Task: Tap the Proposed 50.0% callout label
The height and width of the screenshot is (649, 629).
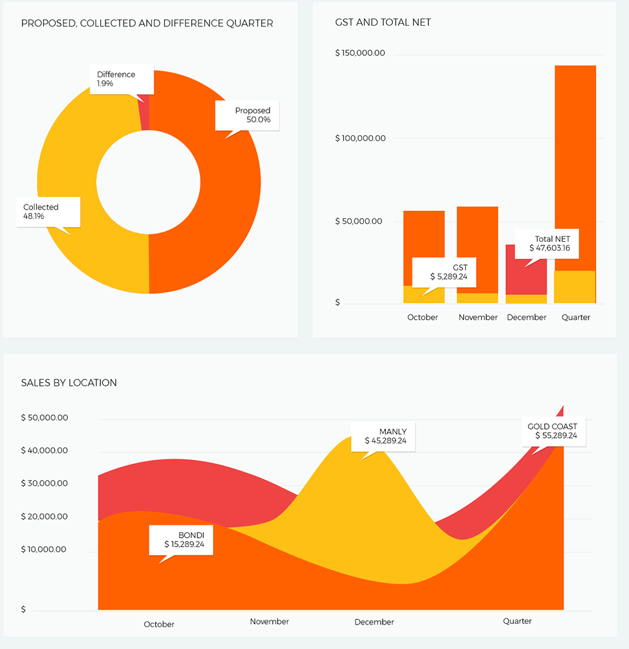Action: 248,115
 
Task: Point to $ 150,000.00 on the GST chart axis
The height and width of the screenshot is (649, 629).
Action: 360,53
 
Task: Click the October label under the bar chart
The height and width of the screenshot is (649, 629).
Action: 423,317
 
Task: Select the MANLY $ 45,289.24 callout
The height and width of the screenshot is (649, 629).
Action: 383,436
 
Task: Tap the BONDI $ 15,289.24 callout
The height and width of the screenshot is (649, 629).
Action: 181,540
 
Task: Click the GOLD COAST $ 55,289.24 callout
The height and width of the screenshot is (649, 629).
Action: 552,431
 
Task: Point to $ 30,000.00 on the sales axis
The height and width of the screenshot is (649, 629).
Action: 44,483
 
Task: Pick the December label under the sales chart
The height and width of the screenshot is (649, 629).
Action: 374,622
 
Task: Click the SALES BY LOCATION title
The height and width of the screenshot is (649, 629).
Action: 69,383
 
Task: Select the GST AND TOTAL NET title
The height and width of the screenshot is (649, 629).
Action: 383,23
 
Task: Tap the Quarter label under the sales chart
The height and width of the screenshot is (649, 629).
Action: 517,621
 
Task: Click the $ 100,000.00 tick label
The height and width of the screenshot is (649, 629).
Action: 360,138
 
